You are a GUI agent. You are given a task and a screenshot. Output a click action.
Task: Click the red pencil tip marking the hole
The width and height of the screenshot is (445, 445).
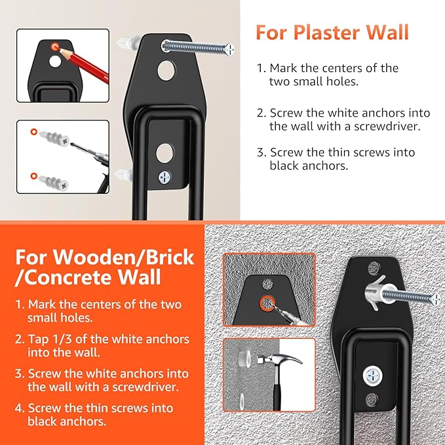(x=56, y=47)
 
